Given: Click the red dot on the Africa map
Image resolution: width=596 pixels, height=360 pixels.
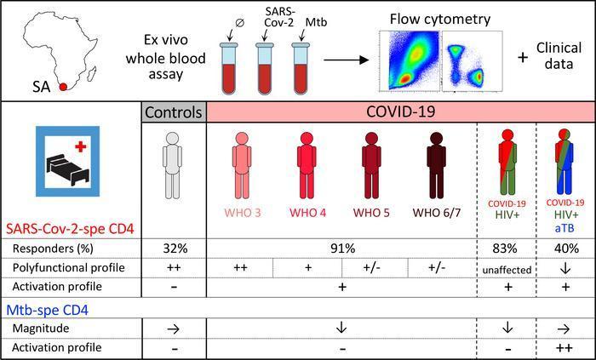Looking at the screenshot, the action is coord(63,87).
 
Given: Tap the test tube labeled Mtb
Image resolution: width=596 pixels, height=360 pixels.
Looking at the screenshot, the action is coord(301,68).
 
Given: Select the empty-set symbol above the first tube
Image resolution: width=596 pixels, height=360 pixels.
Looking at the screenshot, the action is coord(239,23).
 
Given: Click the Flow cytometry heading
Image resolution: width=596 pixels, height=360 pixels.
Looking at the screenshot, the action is coord(440,19).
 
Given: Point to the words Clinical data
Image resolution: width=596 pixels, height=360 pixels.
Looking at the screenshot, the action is coord(559,55).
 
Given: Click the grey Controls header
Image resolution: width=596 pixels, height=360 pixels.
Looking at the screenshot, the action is coord(174,112).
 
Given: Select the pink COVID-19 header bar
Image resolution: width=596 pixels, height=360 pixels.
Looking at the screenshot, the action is coord(401,112).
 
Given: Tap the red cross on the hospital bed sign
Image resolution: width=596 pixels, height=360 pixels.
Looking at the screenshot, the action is coord(80,146).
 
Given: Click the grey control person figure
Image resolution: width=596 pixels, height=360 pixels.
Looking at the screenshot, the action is coord(172,165).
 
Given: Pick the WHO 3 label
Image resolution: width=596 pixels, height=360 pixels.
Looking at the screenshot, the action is coord(243,212).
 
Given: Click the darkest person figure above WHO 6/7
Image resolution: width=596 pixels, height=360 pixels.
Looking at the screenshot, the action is coord(436,165).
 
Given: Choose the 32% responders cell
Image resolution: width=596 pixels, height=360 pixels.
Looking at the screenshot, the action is coord(174,249).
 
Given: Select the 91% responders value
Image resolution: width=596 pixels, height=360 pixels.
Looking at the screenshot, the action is coord(342,249).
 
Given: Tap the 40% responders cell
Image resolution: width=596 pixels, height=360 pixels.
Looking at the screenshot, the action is coord(566,249).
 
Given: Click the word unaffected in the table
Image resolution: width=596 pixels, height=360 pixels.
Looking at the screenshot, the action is coord(507,270).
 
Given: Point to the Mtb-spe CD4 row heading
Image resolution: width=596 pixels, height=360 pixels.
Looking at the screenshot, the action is coord(48,311).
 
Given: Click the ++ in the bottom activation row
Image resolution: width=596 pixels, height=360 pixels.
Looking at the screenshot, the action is coord(565,347).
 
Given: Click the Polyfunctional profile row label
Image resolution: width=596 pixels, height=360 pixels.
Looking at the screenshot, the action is coord(68,268).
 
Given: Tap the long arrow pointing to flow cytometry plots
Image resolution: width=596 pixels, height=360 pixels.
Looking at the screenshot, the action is coord(347,60).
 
